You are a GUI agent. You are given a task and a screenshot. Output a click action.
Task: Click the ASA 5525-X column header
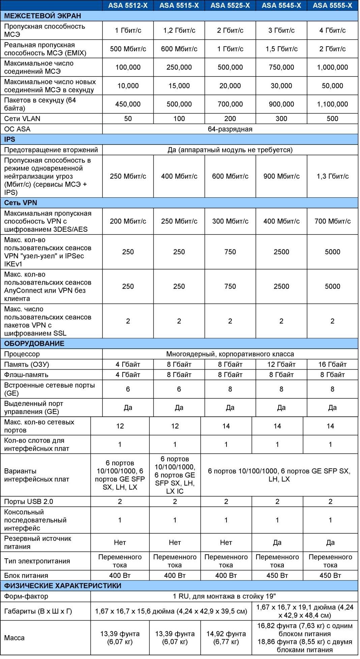(230, 5)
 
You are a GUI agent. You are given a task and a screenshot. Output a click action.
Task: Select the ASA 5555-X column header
(332, 5)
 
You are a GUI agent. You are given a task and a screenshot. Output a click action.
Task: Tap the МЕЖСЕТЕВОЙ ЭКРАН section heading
(42, 16)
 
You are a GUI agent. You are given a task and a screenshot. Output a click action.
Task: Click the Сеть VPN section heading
(21, 203)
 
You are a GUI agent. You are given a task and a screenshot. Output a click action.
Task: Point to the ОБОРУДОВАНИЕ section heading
(34, 344)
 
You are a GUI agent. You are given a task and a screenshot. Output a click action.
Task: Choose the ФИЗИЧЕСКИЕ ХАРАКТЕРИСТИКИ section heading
(63, 586)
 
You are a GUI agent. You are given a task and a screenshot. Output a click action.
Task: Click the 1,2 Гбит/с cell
(179, 30)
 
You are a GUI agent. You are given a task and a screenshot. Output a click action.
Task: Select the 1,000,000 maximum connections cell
(332, 67)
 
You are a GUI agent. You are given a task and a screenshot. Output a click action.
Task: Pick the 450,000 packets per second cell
(128, 104)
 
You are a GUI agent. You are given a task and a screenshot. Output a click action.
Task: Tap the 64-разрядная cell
(230, 129)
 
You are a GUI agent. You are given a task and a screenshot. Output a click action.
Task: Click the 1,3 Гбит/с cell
(332, 176)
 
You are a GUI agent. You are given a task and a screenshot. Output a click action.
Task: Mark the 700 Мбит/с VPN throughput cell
(332, 221)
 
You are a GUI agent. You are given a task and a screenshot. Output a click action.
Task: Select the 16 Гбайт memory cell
(332, 365)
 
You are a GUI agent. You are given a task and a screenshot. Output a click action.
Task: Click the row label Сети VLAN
(22, 119)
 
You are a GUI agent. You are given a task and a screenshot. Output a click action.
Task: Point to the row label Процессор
(22, 354)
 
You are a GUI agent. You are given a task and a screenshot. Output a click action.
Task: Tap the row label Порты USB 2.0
(29, 502)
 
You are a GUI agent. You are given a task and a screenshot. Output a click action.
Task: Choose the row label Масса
(14, 638)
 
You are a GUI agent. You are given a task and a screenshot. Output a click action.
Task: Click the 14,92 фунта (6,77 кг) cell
(226, 638)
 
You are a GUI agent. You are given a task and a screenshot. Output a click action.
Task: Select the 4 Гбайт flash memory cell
(128, 375)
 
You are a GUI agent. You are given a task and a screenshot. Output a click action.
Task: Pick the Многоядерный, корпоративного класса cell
(230, 354)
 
